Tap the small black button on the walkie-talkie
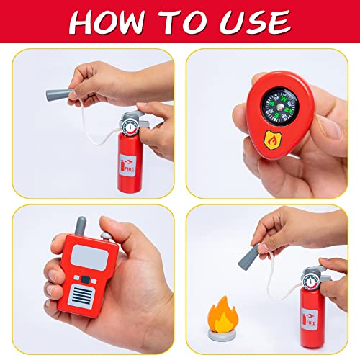pos(85,278)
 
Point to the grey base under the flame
pos(223,333)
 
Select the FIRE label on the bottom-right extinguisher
pos(311,318)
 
